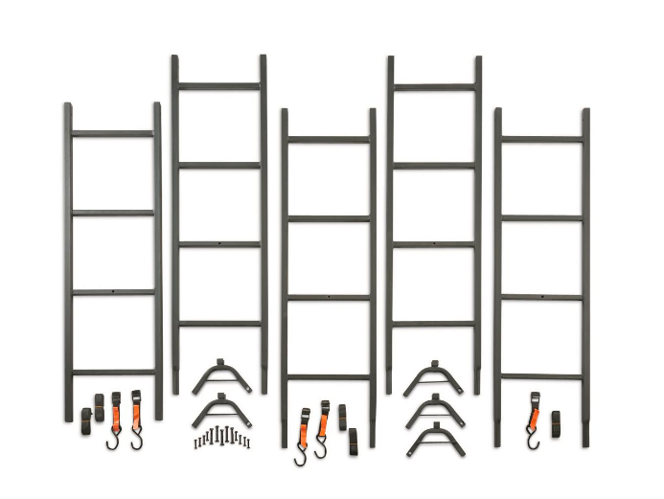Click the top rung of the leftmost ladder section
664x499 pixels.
click(x=113, y=134)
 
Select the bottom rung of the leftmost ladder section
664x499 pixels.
click(x=113, y=372)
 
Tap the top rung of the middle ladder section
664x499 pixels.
click(x=330, y=140)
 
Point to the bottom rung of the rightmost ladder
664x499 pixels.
click(x=542, y=376)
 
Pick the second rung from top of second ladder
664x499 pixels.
click(x=219, y=165)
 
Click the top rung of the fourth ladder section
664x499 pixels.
click(x=434, y=87)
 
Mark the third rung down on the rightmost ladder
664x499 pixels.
click(x=542, y=297)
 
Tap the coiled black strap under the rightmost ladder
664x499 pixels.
click(x=556, y=421)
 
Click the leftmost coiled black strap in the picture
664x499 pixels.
click(x=83, y=415)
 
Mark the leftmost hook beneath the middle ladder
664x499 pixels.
click(x=301, y=454)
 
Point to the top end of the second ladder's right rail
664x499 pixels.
click(x=263, y=60)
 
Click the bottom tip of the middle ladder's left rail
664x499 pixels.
click(x=285, y=444)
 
